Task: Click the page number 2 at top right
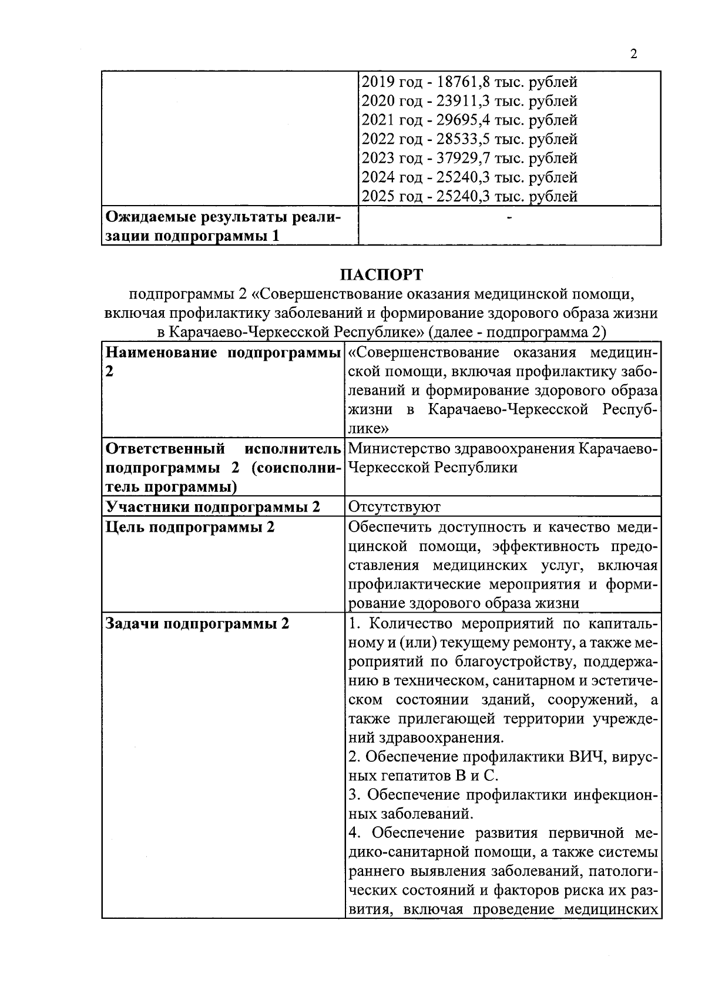633,55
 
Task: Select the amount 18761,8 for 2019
462,82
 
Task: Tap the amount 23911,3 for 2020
462,101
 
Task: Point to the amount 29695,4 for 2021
462,120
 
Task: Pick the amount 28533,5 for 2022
462,139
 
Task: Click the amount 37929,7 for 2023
462,159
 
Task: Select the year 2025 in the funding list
378,197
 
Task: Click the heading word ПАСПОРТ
381,275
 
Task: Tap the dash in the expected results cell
509,218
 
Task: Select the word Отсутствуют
394,506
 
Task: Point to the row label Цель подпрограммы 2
190,526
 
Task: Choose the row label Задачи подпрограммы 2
197,623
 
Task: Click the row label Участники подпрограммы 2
212,507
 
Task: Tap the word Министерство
399,449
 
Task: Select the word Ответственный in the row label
164,449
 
